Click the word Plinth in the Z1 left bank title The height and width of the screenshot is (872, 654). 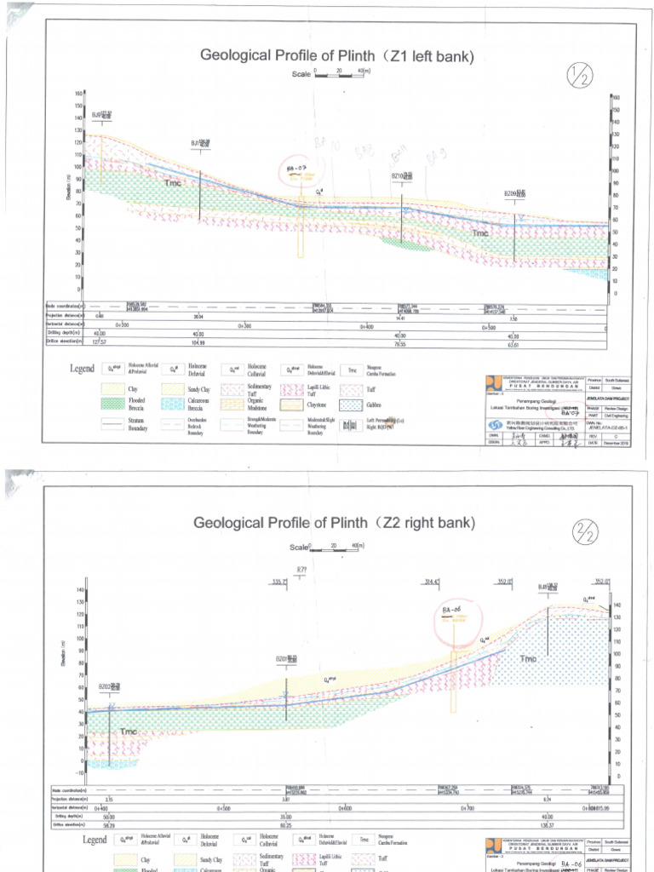315,56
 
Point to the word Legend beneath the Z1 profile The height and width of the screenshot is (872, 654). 86,369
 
